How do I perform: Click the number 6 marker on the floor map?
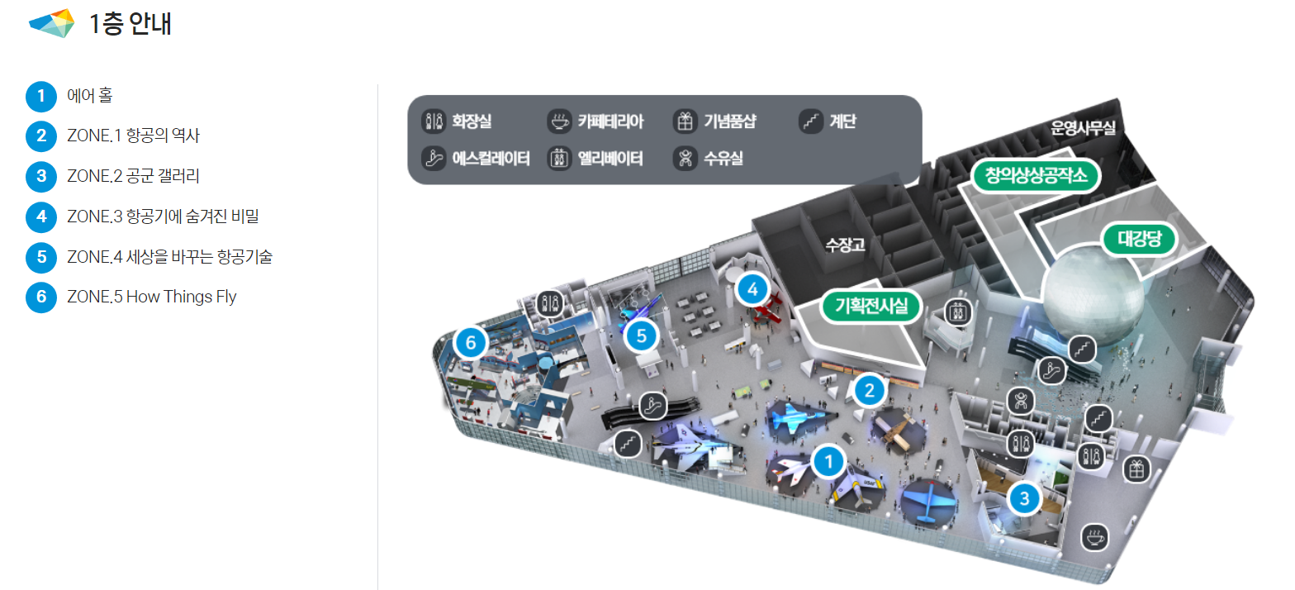click(x=471, y=343)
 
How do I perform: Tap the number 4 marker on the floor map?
click(x=752, y=288)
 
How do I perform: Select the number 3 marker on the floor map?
click(x=1024, y=498)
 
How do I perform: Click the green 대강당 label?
click(x=1140, y=238)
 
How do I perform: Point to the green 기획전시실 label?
click(x=870, y=306)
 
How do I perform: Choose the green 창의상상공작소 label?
click(x=1036, y=175)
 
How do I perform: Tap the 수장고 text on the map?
click(x=845, y=245)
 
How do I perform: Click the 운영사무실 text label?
click(x=1083, y=127)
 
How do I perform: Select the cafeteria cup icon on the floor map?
click(x=1094, y=537)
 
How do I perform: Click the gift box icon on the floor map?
click(x=1136, y=469)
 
